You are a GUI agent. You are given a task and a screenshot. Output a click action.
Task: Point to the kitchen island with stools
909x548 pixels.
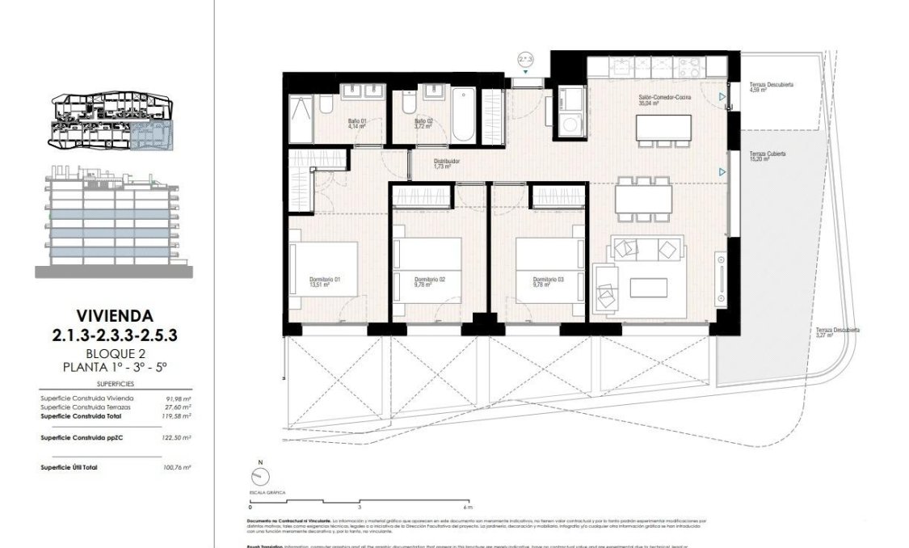click(664, 128)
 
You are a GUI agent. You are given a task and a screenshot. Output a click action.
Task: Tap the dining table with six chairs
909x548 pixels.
click(644, 199)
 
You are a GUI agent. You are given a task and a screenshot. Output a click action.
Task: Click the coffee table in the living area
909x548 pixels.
click(648, 288)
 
